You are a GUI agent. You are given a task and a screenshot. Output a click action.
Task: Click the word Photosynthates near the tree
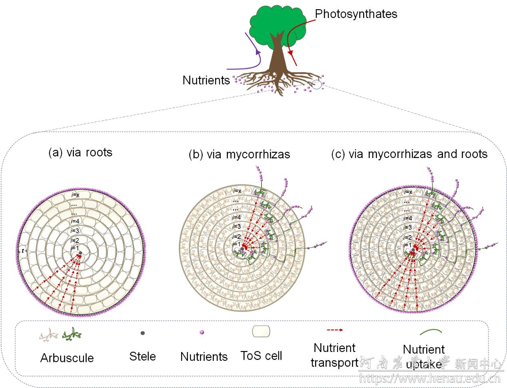tap(356, 14)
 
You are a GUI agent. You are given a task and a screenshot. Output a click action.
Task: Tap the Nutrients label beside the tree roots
tap(206, 80)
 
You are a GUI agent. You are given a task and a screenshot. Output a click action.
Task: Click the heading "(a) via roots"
tap(80, 152)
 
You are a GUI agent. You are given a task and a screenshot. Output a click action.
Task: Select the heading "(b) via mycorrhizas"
tap(239, 154)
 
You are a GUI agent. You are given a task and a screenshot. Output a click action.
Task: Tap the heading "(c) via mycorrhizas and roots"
tap(409, 154)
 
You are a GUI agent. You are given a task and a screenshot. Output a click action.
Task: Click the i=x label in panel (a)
tap(76, 195)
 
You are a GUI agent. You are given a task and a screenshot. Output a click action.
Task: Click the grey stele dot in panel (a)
tap(80, 252)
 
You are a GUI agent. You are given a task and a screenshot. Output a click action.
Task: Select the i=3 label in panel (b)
tap(237, 227)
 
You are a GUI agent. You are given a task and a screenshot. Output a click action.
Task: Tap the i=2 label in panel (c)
tap(407, 237)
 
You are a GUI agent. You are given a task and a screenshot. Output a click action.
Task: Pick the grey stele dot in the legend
tap(143, 333)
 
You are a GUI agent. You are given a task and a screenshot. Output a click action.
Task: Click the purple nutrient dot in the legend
tap(202, 332)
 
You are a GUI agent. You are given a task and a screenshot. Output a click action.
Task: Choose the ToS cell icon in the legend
tap(261, 331)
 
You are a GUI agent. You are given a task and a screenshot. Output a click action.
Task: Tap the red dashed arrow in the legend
tap(335, 330)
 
